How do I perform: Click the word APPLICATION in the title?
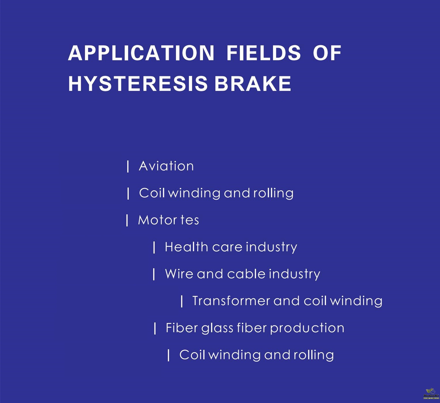141,53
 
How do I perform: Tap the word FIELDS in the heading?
263,53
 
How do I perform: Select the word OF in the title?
327,53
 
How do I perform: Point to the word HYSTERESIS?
138,84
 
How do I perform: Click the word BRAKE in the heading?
253,84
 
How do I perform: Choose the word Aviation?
166,166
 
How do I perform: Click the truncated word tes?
190,220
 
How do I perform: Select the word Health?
186,247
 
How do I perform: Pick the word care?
227,248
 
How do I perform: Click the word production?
307,329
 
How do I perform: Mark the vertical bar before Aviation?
128,166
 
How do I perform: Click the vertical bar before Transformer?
182,301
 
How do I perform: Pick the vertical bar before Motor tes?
127,220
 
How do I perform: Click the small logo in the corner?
431,394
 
